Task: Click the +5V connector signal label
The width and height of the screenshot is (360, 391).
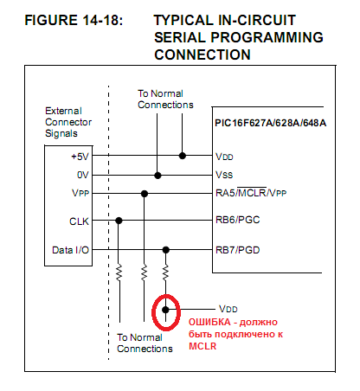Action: point(80,157)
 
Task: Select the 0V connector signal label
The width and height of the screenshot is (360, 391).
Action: point(83,175)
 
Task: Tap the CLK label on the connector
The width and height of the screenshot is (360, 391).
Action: point(79,221)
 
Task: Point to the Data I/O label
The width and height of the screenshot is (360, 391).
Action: point(70,250)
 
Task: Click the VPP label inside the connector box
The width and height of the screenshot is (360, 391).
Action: point(80,193)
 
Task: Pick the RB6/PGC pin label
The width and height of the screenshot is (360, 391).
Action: point(238,220)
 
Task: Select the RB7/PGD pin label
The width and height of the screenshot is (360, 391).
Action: point(238,250)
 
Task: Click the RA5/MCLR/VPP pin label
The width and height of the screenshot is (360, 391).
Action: point(251,193)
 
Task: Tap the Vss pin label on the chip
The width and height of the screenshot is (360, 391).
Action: point(224,175)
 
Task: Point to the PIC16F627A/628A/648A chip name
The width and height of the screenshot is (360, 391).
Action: point(271,123)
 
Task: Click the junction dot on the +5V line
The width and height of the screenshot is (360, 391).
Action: point(183,156)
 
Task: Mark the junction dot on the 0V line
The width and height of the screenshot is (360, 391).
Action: point(157,176)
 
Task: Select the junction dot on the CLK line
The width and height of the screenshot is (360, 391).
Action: point(119,221)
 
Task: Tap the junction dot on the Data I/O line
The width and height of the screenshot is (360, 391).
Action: point(166,250)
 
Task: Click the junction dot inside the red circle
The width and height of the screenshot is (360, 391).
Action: point(165,310)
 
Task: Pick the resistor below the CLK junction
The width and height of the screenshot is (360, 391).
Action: point(119,272)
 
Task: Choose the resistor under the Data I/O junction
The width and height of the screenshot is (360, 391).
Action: point(165,272)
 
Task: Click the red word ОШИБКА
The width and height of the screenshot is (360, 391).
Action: point(209,322)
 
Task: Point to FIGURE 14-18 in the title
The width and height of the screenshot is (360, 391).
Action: point(74,21)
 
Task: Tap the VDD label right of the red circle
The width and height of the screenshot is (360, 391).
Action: point(228,309)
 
